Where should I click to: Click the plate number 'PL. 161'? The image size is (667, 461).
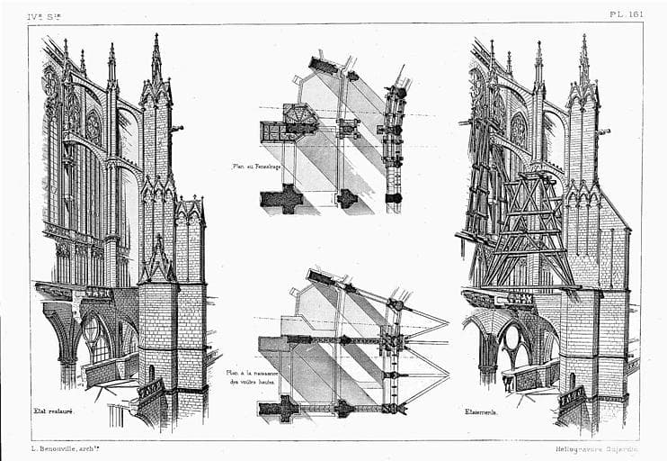[x=626, y=14]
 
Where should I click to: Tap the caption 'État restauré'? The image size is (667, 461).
[x=54, y=411]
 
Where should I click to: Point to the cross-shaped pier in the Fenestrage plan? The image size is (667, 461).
[x=282, y=198]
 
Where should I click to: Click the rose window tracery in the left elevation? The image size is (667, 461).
[x=93, y=126]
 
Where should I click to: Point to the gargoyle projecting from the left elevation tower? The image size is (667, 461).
[x=176, y=129]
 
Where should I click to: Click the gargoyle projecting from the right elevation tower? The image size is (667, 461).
[x=604, y=132]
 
